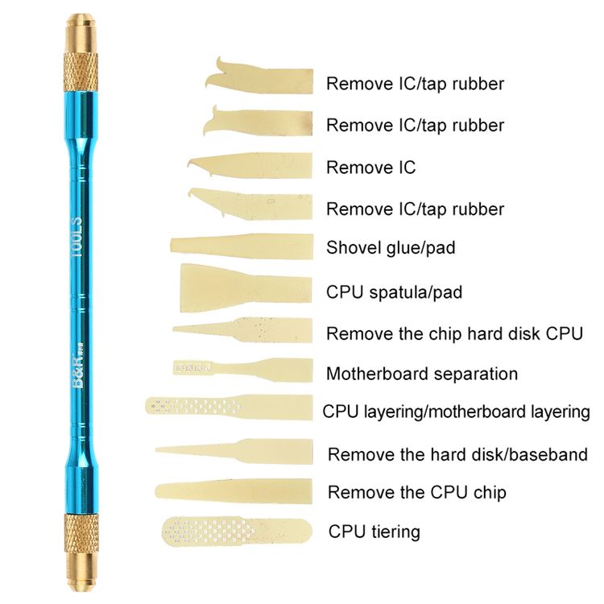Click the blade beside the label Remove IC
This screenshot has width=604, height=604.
[x=250, y=166]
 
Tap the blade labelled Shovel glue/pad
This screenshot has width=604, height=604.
[x=242, y=246]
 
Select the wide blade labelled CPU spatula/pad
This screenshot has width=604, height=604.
[x=246, y=288]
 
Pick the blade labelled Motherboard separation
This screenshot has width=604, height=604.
[x=242, y=370]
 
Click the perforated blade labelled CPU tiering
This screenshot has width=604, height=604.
[x=237, y=532]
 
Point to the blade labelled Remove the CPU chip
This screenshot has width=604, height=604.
[x=234, y=491]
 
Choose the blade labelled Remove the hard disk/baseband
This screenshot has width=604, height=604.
[x=234, y=452]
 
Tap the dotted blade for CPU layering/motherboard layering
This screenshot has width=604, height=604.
[x=230, y=407]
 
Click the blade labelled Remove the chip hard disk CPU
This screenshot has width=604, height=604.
[x=242, y=330]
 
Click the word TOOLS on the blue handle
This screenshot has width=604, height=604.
[x=77, y=238]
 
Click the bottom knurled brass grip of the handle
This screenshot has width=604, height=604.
[x=80, y=533]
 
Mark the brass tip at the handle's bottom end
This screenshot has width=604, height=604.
[x=80, y=573]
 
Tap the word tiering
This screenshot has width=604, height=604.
[x=395, y=532]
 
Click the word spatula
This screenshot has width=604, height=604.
[x=399, y=293]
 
